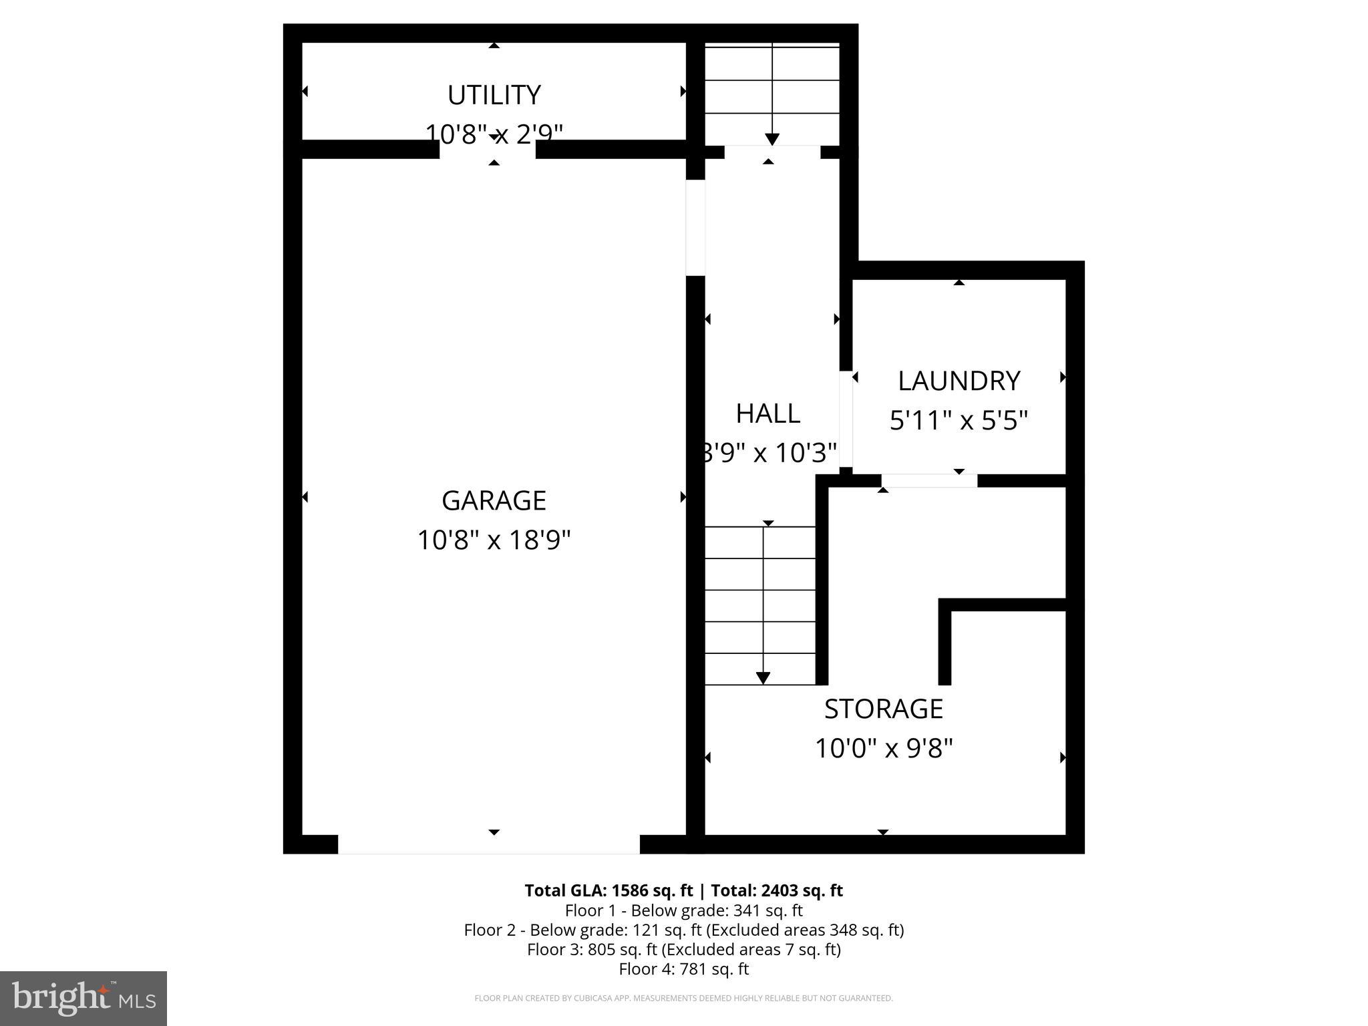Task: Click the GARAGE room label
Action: click(x=494, y=500)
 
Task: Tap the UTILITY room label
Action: click(x=494, y=96)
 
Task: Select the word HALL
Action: click(x=767, y=414)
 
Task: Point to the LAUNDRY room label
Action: click(x=959, y=381)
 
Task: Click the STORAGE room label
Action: click(x=883, y=709)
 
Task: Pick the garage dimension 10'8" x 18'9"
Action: click(x=494, y=540)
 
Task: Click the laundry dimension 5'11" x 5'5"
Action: click(x=959, y=421)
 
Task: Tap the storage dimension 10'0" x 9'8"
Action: click(x=883, y=748)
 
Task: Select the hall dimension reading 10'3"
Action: click(x=806, y=454)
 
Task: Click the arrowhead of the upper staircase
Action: click(x=772, y=140)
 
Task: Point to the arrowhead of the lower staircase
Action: click(x=763, y=678)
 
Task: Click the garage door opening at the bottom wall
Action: click(x=488, y=844)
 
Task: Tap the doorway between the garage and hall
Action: click(x=695, y=228)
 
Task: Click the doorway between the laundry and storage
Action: click(x=929, y=480)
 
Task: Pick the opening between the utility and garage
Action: click(x=488, y=149)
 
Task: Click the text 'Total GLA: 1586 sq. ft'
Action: click(x=609, y=890)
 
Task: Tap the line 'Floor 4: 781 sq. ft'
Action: click(x=683, y=969)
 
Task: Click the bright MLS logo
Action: click(x=83, y=998)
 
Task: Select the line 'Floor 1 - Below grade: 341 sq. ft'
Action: click(x=683, y=910)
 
